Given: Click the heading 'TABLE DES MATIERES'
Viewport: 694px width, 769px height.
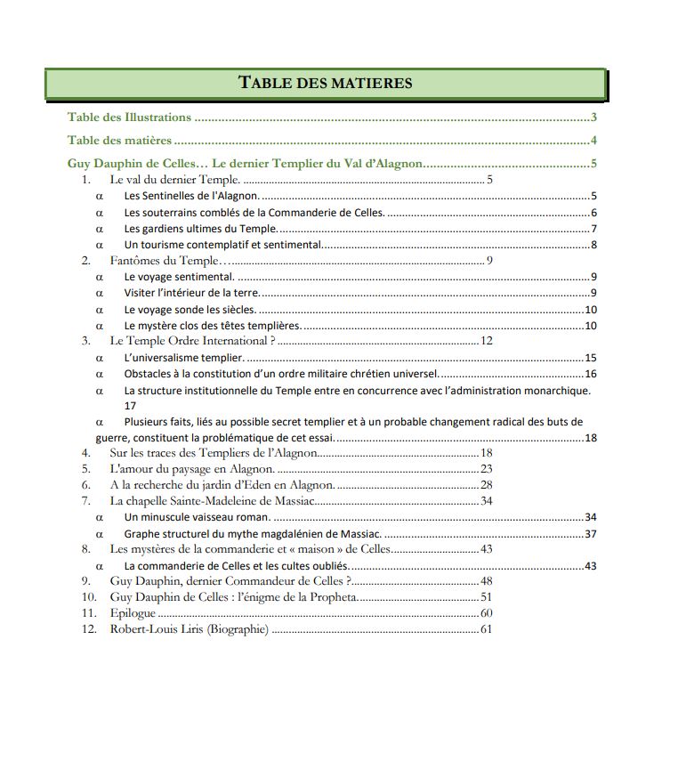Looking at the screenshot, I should (x=326, y=84).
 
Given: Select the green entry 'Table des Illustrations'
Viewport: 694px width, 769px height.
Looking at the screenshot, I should (x=130, y=117).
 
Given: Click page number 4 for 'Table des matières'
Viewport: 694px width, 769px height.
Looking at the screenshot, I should (x=593, y=141).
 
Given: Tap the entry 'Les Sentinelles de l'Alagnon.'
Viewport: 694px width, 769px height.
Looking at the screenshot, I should (x=191, y=197).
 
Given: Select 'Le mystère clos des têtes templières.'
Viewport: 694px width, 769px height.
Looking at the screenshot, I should (x=212, y=326).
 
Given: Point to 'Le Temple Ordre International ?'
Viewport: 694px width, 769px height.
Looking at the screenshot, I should (x=192, y=341).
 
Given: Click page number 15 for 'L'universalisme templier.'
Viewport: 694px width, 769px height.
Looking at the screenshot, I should (x=590, y=358).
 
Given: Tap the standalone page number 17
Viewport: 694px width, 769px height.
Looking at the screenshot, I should (x=130, y=406).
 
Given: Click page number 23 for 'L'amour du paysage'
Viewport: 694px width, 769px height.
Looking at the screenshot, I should (x=486, y=469).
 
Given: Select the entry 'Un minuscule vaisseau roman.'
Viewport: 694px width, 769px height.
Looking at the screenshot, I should (x=197, y=517).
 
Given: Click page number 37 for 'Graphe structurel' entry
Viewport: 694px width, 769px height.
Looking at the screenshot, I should (x=590, y=534).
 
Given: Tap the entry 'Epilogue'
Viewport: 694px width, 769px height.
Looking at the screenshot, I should (x=133, y=613).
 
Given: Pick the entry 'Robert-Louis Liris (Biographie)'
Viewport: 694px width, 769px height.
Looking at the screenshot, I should (x=189, y=629).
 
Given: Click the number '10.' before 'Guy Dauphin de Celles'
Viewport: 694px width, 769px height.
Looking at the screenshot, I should (x=89, y=597).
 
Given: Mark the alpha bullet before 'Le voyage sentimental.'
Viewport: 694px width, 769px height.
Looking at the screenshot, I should (x=100, y=278).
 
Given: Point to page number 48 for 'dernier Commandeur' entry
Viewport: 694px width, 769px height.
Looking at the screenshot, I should (x=486, y=581).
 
